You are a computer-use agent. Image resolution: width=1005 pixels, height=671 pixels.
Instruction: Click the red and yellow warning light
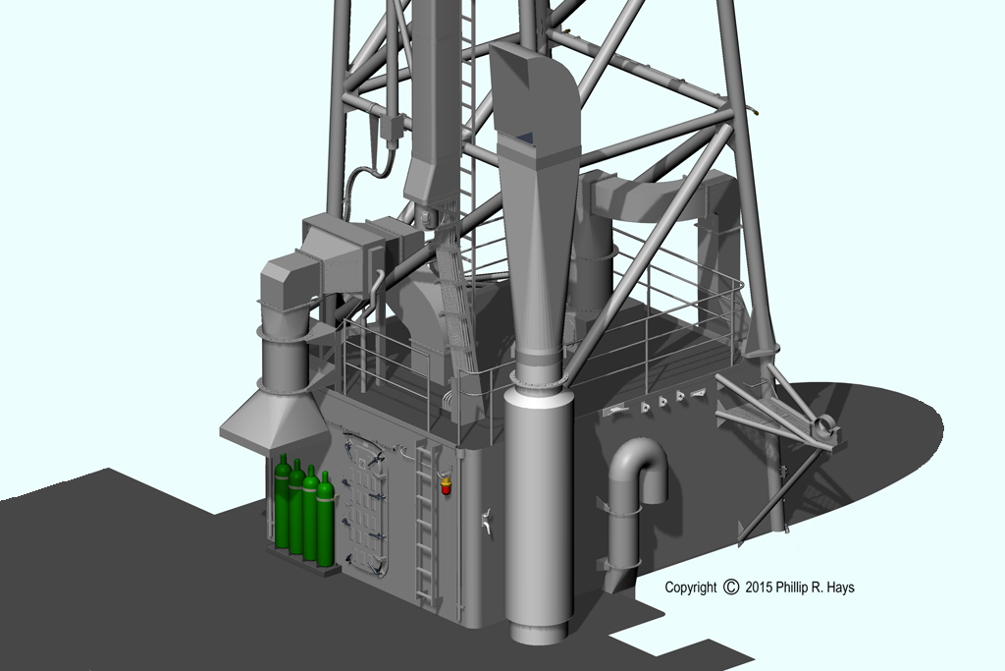point(446,485)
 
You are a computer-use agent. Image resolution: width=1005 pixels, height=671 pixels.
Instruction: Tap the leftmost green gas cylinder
point(282,502)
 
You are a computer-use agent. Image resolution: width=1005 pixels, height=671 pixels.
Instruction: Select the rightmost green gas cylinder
point(326,520)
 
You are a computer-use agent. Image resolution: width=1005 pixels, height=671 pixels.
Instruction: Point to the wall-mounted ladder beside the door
point(425,523)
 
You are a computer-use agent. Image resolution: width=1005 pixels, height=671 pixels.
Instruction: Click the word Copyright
point(690,587)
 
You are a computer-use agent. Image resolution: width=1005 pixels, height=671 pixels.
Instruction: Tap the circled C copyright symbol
point(730,587)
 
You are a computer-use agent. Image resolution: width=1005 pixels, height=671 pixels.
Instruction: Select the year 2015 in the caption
point(759,587)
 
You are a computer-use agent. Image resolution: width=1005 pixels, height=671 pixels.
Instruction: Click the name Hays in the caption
point(840,587)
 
